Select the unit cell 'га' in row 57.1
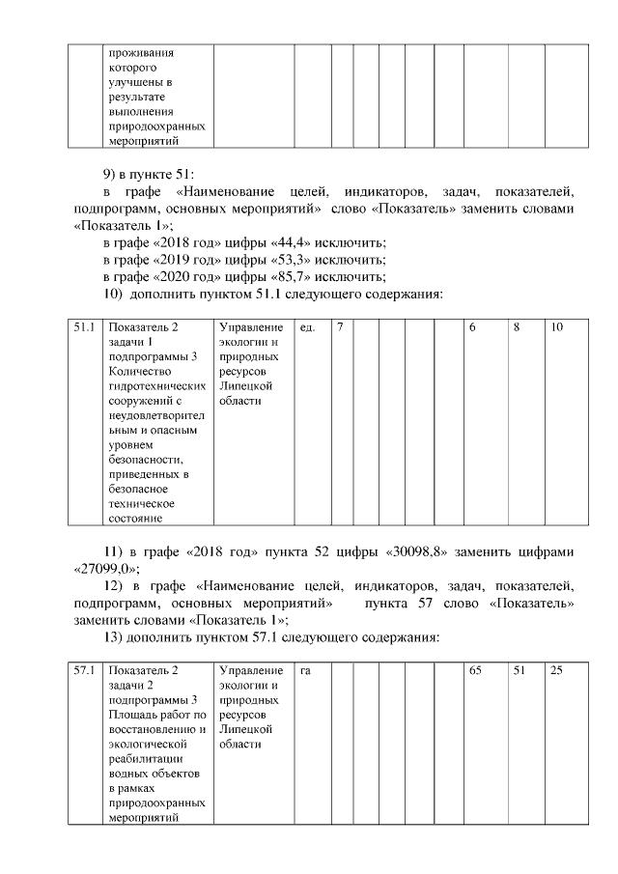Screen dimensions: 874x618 click(305, 670)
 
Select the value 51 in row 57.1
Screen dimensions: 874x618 click(520, 670)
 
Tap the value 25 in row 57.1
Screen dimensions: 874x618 click(557, 670)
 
